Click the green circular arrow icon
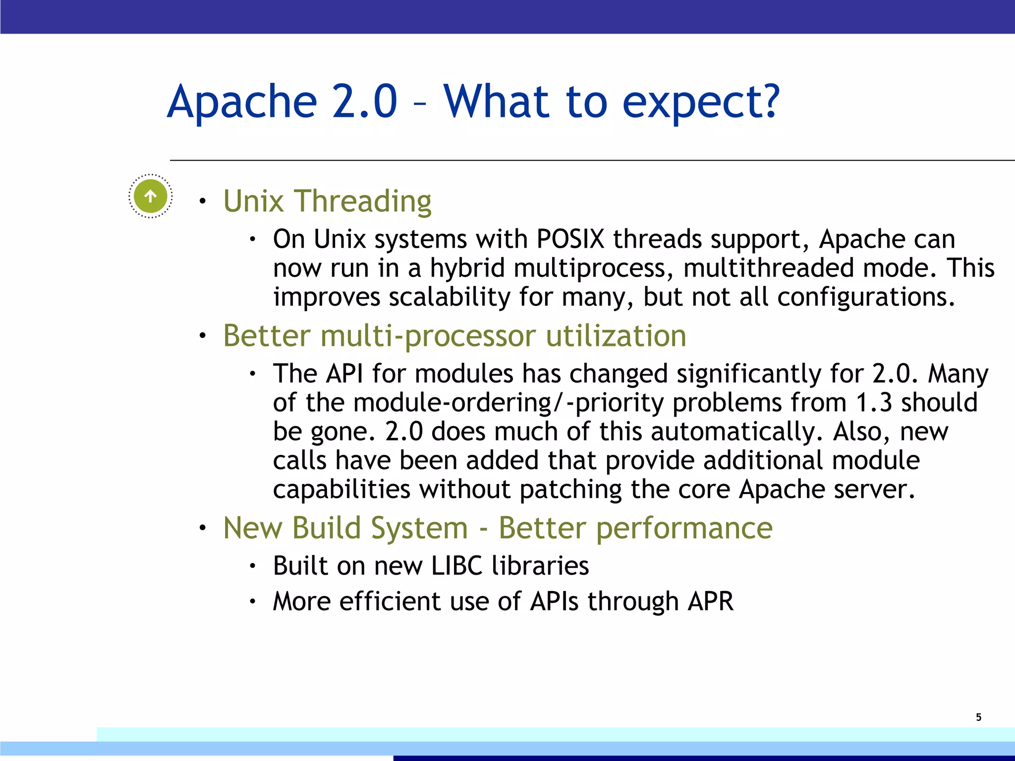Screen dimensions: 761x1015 [x=150, y=196]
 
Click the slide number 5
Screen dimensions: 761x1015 [x=978, y=717]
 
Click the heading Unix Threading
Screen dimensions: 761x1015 [x=327, y=201]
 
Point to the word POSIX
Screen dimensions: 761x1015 [x=570, y=239]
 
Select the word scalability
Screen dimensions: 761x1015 [x=449, y=297]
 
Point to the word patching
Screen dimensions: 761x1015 [x=570, y=489]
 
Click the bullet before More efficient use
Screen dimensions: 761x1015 [x=252, y=602]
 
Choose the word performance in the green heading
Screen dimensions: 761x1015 [x=684, y=528]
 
